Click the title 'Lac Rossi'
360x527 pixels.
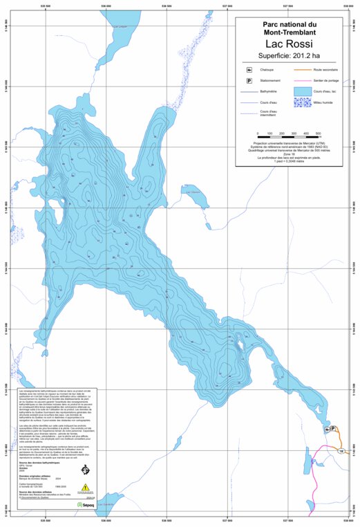(x=293, y=43)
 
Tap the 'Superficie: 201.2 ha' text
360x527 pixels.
(x=293, y=57)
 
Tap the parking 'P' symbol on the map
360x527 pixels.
(x=334, y=429)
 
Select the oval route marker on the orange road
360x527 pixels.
(x=341, y=451)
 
